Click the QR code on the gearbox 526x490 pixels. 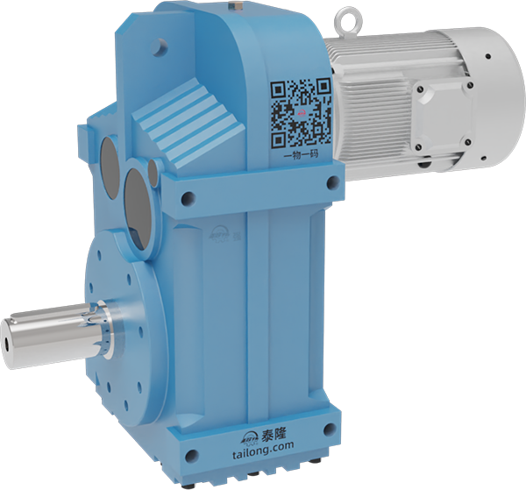pos(301,113)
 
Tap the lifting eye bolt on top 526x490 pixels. pos(346,21)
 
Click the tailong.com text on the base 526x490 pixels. pos(263,450)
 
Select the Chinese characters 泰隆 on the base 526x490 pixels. pos(274,435)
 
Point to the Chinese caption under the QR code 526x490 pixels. pos(301,155)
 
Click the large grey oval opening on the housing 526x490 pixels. pos(138,209)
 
